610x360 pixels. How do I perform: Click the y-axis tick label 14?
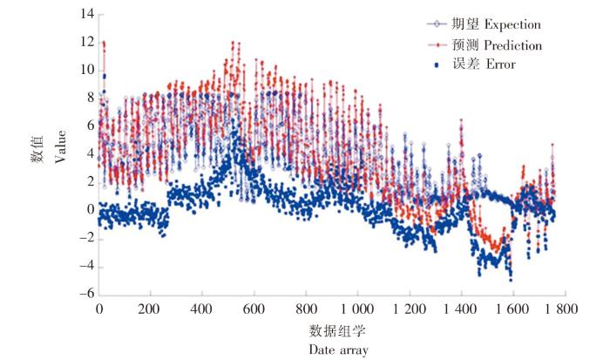pyautogui.click(x=84, y=15)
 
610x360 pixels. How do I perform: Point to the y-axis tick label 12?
pyautogui.click(x=84, y=43)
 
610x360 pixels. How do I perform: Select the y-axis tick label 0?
pyautogui.click(x=87, y=209)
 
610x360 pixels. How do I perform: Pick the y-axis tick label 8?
pyautogui.click(x=87, y=98)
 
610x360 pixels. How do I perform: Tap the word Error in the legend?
pyautogui.click(x=493, y=64)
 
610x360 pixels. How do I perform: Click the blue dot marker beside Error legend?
pyautogui.click(x=432, y=64)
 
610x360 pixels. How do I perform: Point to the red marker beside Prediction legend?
pyautogui.click(x=433, y=44)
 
